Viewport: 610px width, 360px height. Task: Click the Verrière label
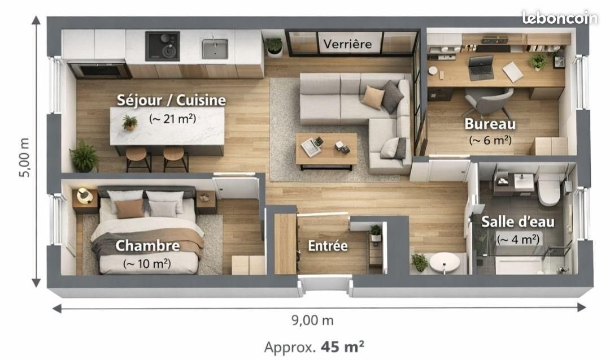click(347, 44)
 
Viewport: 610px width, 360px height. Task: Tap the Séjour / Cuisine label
click(171, 101)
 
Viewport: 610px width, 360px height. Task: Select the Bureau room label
click(490, 123)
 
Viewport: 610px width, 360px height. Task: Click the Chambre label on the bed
click(147, 246)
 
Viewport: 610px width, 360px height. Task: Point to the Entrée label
click(328, 246)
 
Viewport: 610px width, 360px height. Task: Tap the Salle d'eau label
click(517, 222)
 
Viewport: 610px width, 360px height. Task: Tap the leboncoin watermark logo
click(559, 18)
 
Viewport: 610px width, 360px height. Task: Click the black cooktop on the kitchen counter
click(162, 46)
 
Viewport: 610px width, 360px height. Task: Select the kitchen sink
click(215, 49)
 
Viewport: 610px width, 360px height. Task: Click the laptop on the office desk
click(481, 68)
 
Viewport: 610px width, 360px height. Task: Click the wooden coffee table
click(326, 150)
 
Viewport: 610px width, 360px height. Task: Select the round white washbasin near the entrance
click(445, 263)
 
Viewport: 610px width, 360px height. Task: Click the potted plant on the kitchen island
click(130, 122)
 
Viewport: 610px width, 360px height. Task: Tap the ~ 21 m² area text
click(172, 119)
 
